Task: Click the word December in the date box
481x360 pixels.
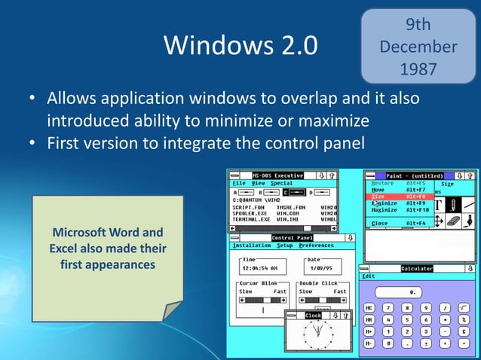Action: tap(418, 47)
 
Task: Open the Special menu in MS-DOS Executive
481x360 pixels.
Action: tap(281, 183)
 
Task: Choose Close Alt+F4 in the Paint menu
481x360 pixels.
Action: tap(400, 224)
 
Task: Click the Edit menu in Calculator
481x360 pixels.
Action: tap(369, 276)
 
